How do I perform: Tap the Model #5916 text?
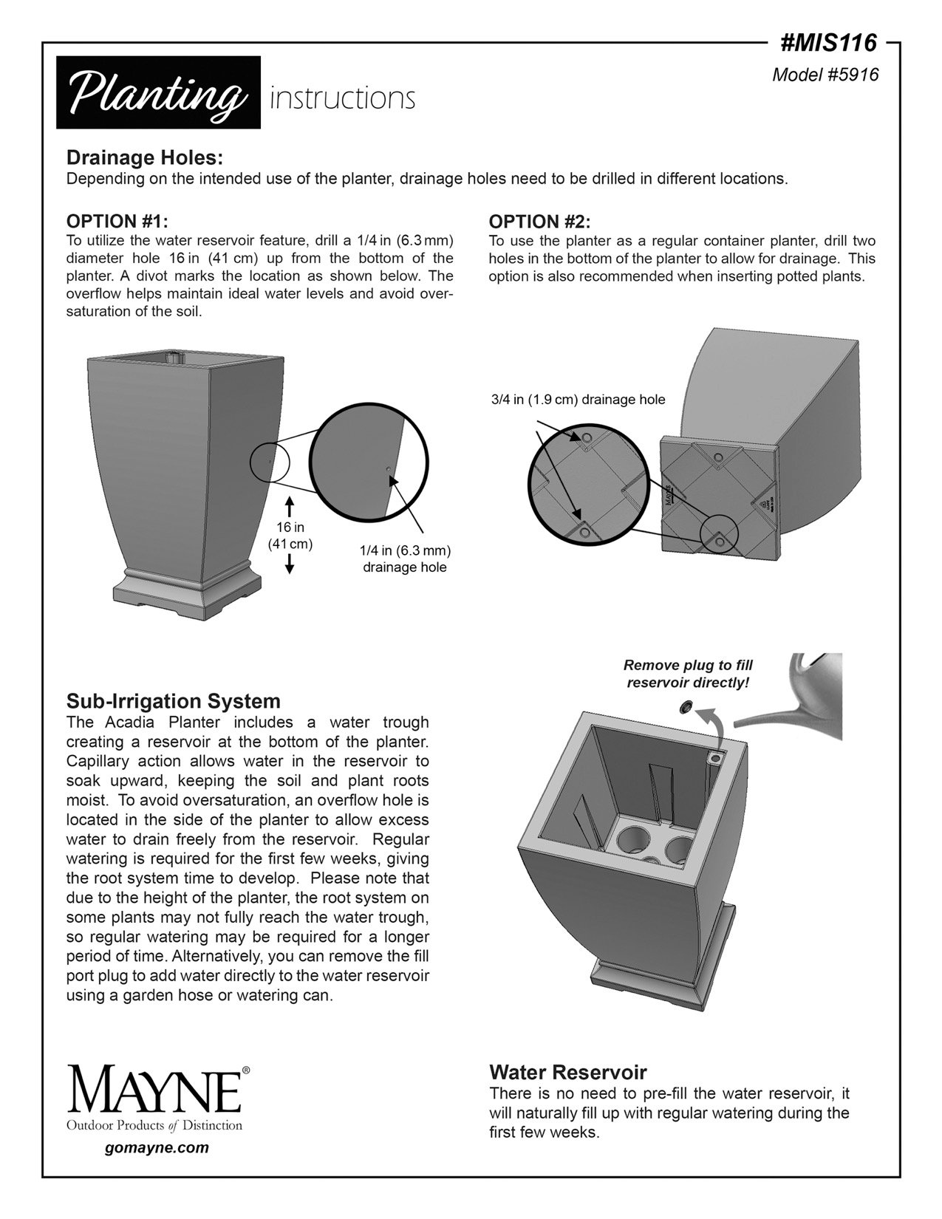825,75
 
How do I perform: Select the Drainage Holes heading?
145,158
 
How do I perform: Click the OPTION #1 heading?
117,222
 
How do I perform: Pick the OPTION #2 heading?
539,222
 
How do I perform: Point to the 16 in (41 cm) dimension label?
290,536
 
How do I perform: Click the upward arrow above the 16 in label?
290,508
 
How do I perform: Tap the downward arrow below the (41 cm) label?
290,564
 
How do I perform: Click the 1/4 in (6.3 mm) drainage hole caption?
405,559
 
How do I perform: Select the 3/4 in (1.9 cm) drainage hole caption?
578,400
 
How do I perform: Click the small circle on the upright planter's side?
270,462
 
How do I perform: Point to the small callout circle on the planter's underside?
719,536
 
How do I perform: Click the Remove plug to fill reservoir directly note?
688,673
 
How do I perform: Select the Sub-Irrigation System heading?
174,700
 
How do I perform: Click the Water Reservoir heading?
568,1072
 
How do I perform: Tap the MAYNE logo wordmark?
155,1090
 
